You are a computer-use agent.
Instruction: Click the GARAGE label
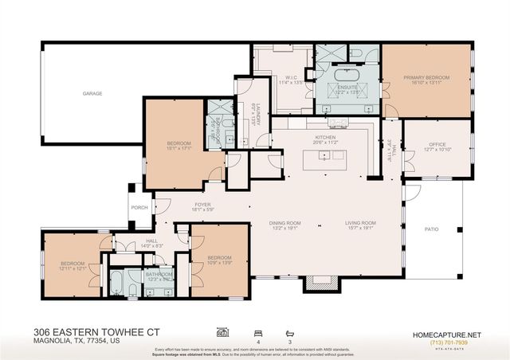click(x=92, y=93)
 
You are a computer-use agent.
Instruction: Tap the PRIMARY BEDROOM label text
click(x=426, y=78)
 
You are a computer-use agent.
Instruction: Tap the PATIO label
click(x=431, y=229)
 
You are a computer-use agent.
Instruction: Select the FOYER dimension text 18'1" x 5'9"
click(x=202, y=209)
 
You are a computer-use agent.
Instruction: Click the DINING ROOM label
click(x=284, y=223)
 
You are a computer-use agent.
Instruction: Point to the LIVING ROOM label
click(x=360, y=223)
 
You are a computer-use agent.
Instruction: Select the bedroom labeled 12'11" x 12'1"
click(x=72, y=265)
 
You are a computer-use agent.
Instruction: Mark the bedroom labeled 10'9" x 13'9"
click(x=219, y=258)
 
